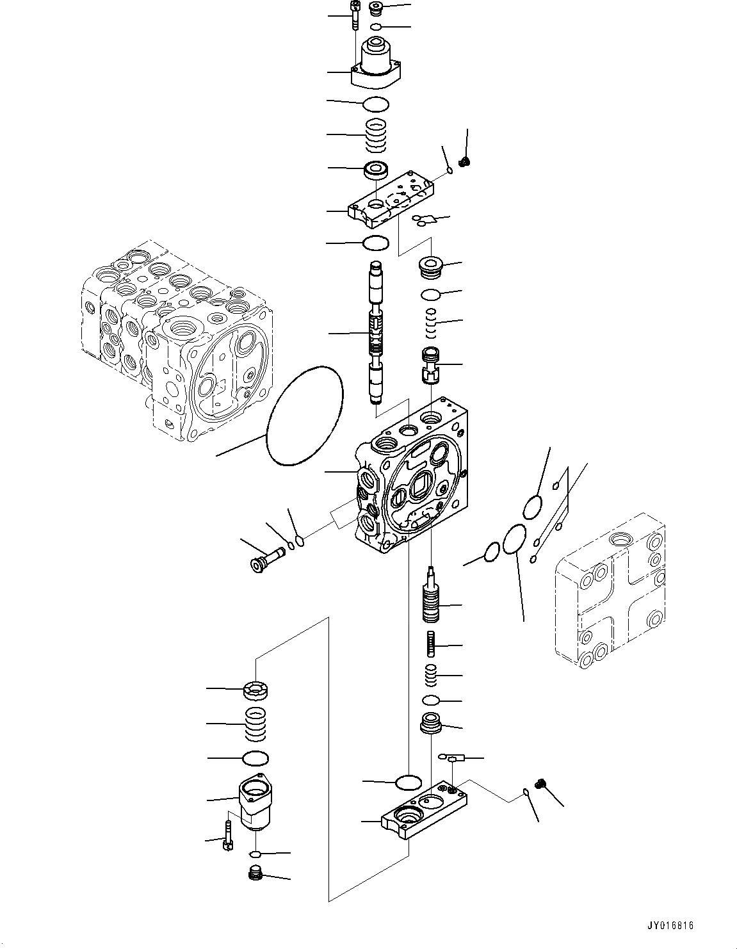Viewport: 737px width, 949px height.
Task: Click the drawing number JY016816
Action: pos(670,926)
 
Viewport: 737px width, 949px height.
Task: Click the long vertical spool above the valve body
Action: pos(375,333)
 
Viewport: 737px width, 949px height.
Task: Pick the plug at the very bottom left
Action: pos(255,873)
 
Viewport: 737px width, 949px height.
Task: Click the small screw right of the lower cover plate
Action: pos(542,784)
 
